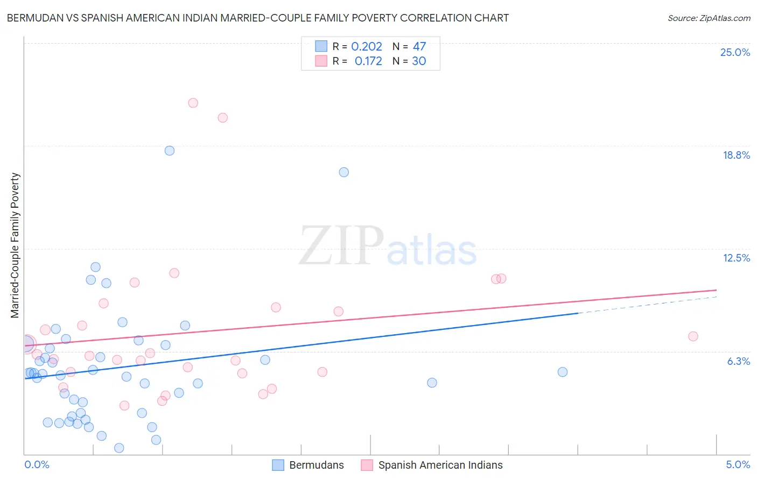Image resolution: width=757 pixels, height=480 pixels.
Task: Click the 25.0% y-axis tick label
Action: tap(735, 52)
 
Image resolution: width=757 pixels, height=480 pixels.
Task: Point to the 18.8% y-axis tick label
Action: tap(736, 155)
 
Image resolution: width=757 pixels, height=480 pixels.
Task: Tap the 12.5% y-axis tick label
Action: tap(736, 258)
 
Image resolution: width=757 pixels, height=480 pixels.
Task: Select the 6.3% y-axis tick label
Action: tap(738, 361)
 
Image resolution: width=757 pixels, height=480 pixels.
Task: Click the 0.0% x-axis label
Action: tap(37, 464)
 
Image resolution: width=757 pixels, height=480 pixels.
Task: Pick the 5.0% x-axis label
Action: tap(738, 464)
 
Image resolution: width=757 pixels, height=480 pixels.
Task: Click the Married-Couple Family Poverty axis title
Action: tap(15, 245)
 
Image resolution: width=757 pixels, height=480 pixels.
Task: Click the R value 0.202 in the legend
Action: tap(367, 47)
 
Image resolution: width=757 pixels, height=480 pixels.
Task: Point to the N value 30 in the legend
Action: tap(419, 61)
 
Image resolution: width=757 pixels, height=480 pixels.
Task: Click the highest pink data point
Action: tap(193, 103)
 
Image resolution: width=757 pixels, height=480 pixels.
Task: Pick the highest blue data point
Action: tap(170, 151)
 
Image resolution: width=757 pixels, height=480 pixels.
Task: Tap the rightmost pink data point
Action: tap(693, 336)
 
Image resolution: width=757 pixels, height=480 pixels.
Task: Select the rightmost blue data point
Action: tap(563, 372)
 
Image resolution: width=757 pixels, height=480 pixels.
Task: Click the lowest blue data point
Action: tap(120, 448)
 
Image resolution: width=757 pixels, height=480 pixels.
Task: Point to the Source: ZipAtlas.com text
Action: tap(709, 18)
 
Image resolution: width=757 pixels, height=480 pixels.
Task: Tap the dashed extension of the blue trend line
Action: tap(646, 305)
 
